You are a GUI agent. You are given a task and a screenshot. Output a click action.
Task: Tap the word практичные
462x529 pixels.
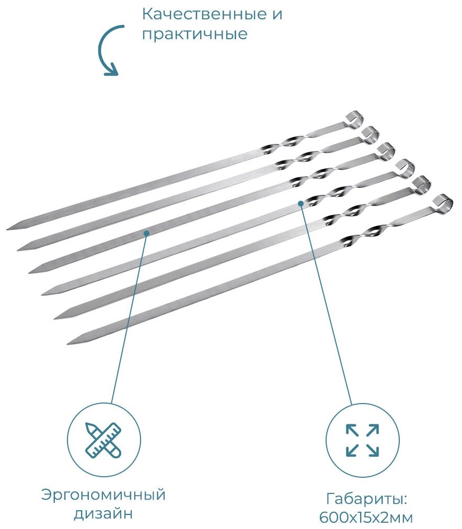[194, 34]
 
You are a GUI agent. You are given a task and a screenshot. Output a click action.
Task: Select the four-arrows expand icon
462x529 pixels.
[362, 440]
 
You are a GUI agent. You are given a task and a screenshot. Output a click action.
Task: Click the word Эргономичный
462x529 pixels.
[103, 495]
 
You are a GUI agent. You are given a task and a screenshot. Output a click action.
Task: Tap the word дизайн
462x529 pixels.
[103, 514]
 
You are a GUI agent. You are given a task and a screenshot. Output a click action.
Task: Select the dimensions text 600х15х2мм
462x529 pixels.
[366, 517]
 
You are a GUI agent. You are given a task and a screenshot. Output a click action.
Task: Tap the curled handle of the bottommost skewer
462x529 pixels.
[442, 201]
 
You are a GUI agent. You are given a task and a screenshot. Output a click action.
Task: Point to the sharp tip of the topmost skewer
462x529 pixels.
[9, 229]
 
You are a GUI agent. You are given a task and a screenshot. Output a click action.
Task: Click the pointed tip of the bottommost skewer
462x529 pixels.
[70, 343]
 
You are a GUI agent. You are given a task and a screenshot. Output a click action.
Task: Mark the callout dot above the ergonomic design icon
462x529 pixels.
[147, 233]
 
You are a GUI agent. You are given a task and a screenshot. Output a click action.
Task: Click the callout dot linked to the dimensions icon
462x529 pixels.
[301, 203]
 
